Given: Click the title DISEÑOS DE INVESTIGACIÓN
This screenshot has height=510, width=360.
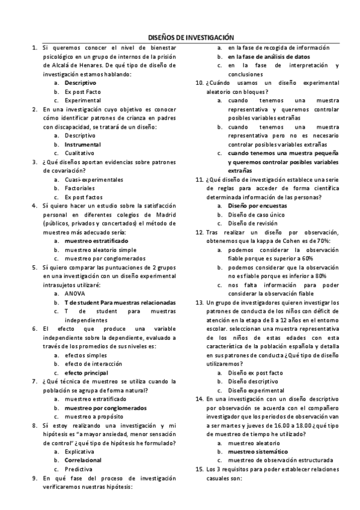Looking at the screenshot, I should pos(191,37).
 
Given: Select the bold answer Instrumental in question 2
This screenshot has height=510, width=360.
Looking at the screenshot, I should pos(82,144).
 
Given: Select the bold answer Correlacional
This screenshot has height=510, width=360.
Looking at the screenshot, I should pos(83,460).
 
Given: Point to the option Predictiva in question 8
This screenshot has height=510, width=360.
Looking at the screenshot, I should pos(78,469).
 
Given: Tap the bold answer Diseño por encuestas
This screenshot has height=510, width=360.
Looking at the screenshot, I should pos(257,206).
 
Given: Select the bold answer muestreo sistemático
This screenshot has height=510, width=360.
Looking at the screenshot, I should pos(257,451).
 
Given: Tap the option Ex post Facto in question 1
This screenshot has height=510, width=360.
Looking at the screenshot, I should pos(83,91).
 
